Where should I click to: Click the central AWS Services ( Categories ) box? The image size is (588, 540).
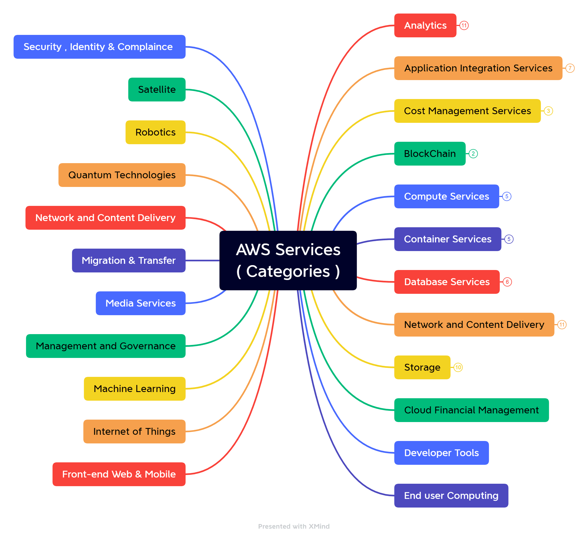coord(288,260)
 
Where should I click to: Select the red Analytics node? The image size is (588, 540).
coord(425,25)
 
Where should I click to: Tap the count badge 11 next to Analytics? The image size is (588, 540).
coord(464,25)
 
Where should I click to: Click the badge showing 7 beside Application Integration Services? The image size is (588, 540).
coord(570,68)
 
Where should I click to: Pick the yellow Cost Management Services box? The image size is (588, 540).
coord(467,111)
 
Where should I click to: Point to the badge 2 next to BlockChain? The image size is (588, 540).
coord(473,154)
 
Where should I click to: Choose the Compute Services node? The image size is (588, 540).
coord(446,196)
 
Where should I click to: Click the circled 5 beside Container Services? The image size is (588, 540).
coord(509,239)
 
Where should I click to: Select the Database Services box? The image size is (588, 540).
coord(447,282)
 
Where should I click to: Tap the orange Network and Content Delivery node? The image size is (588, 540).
coord(474,324)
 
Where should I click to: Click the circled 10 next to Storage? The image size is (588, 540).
coord(458,367)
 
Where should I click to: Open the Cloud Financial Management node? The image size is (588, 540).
coord(471,410)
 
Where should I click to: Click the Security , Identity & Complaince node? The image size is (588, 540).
coord(99,47)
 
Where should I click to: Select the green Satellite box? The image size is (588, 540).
coord(157,90)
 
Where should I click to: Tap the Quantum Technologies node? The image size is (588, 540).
coord(122,175)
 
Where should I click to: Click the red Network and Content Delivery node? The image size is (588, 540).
coord(105,218)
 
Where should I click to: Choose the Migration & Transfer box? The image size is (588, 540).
coord(128,260)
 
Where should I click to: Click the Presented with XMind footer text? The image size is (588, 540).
coord(293,526)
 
